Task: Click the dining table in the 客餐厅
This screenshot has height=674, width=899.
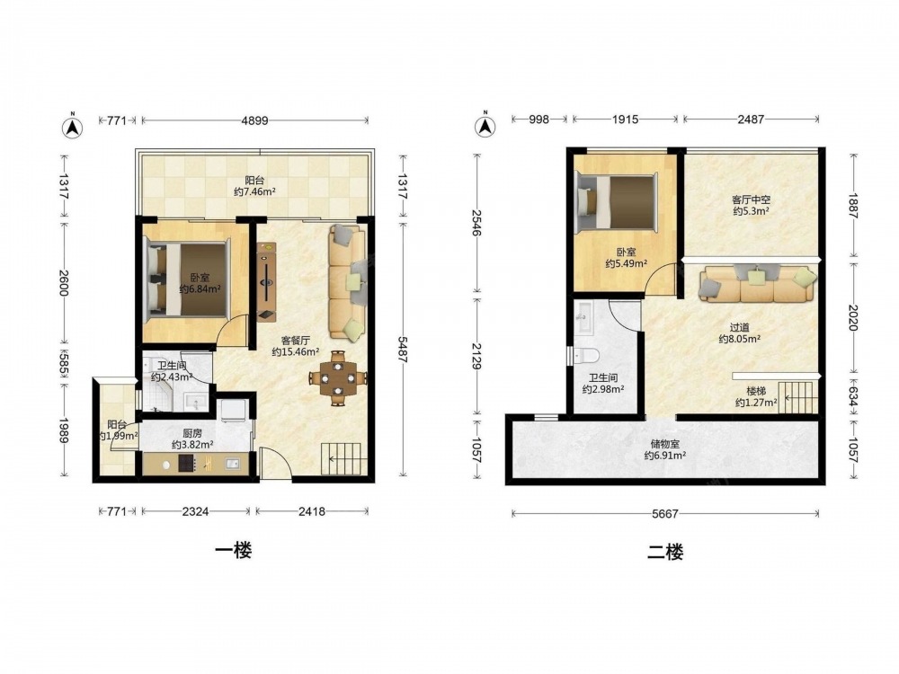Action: click(338, 377)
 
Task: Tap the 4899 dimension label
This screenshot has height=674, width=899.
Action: click(254, 121)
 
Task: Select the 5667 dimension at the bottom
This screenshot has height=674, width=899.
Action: click(665, 514)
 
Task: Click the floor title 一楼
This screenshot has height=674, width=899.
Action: click(234, 551)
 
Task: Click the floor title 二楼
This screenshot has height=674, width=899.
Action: click(665, 553)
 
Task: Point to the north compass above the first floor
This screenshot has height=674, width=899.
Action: click(72, 126)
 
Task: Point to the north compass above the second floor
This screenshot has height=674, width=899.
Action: click(485, 124)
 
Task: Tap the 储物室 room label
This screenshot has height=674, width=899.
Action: click(665, 443)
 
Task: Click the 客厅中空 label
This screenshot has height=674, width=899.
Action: click(751, 200)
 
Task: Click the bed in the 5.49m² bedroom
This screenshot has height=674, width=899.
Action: click(617, 204)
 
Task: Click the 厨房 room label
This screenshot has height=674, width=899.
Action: click(192, 433)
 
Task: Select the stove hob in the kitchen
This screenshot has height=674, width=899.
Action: click(187, 463)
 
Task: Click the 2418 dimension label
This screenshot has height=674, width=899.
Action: click(311, 512)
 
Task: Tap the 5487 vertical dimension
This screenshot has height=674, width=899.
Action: click(403, 348)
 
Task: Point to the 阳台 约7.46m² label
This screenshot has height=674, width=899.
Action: click(254, 186)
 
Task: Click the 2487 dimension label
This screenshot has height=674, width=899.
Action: click(751, 120)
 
